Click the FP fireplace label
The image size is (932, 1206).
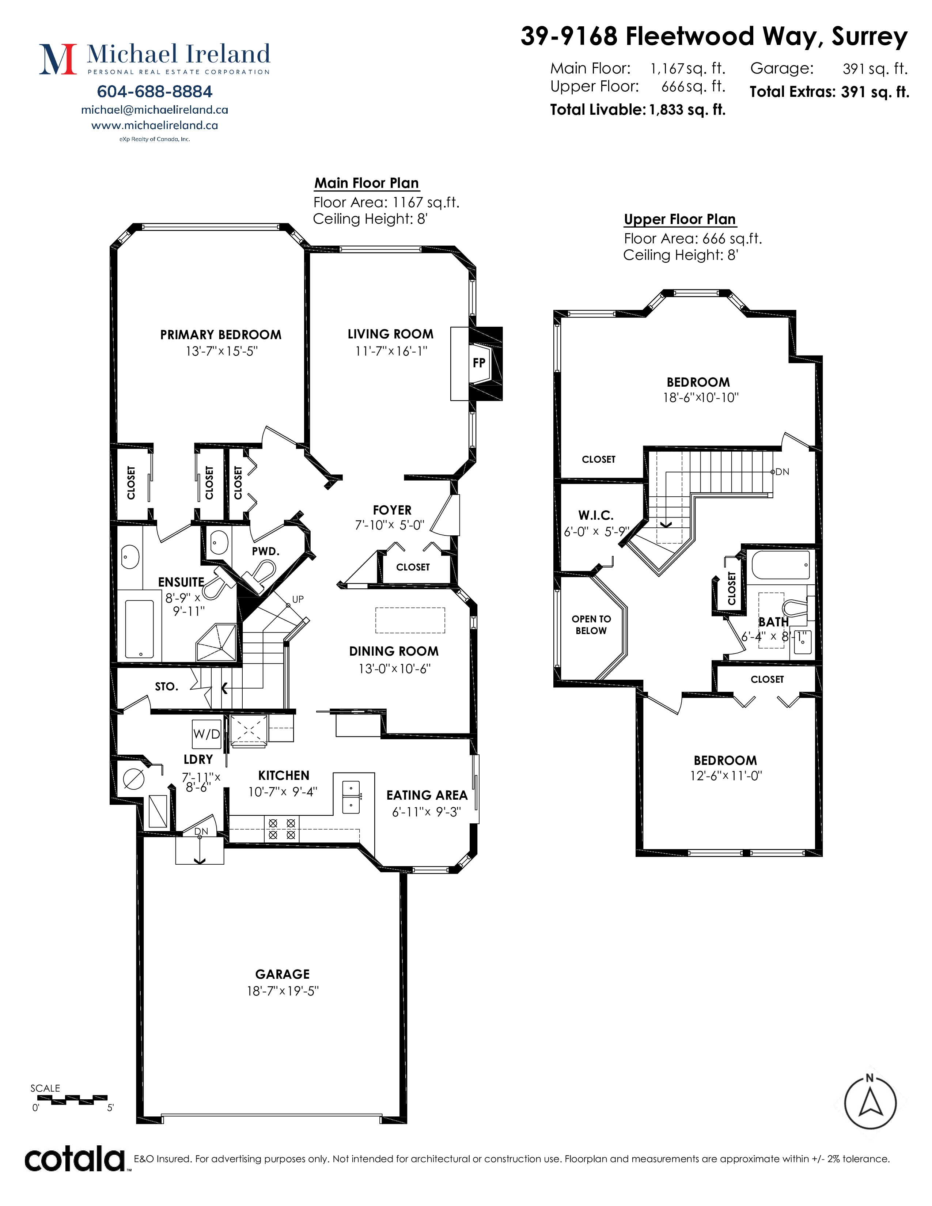479,363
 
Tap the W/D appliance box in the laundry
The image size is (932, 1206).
207,734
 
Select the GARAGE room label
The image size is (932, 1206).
282,974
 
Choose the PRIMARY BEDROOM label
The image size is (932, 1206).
221,335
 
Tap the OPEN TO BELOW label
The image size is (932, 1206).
591,625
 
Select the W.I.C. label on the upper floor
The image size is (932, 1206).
596,515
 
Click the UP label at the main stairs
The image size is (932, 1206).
298,599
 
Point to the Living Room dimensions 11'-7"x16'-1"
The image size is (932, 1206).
391,351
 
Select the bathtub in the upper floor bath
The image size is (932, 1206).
781,564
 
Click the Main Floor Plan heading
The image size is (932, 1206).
367,183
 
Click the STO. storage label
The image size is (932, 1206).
166,686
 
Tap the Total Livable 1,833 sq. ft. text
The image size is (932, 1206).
638,109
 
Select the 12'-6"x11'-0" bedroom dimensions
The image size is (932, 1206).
725,775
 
